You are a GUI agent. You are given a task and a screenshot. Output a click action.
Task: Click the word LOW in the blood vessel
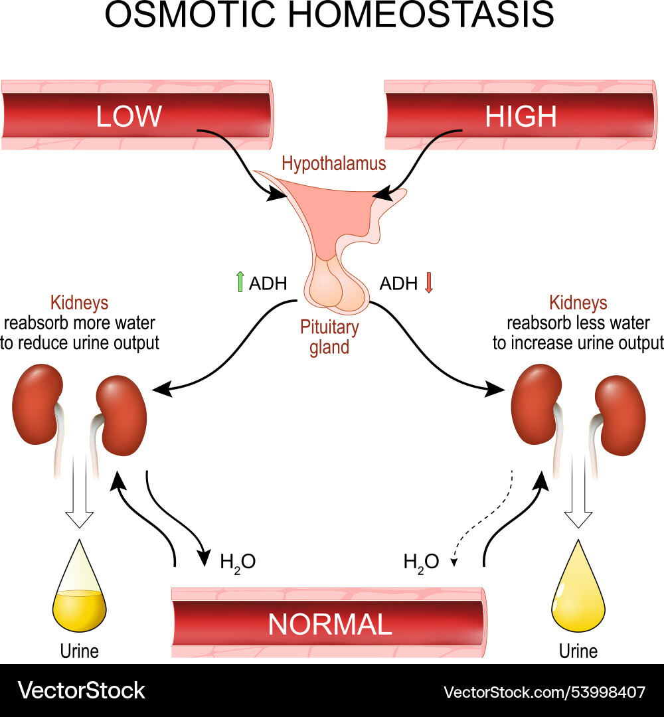click(x=129, y=116)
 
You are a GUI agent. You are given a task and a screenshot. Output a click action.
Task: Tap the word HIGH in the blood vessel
click(x=520, y=116)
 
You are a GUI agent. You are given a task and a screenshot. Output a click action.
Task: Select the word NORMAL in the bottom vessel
click(x=329, y=624)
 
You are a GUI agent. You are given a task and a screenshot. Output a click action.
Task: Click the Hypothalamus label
click(x=333, y=163)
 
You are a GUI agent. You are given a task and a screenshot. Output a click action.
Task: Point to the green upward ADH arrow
click(x=240, y=283)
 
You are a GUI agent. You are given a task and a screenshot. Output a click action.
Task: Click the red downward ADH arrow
click(x=428, y=283)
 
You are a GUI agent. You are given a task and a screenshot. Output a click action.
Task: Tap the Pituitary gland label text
click(x=329, y=337)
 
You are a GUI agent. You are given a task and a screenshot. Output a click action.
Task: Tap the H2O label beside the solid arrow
click(x=237, y=562)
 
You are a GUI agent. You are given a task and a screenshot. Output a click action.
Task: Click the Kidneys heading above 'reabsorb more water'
click(x=79, y=303)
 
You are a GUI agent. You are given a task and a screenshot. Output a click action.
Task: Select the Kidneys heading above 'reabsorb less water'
click(x=578, y=303)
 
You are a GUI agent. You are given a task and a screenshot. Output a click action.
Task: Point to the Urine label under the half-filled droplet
click(x=79, y=651)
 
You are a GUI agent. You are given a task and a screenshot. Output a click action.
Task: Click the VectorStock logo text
click(x=81, y=690)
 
